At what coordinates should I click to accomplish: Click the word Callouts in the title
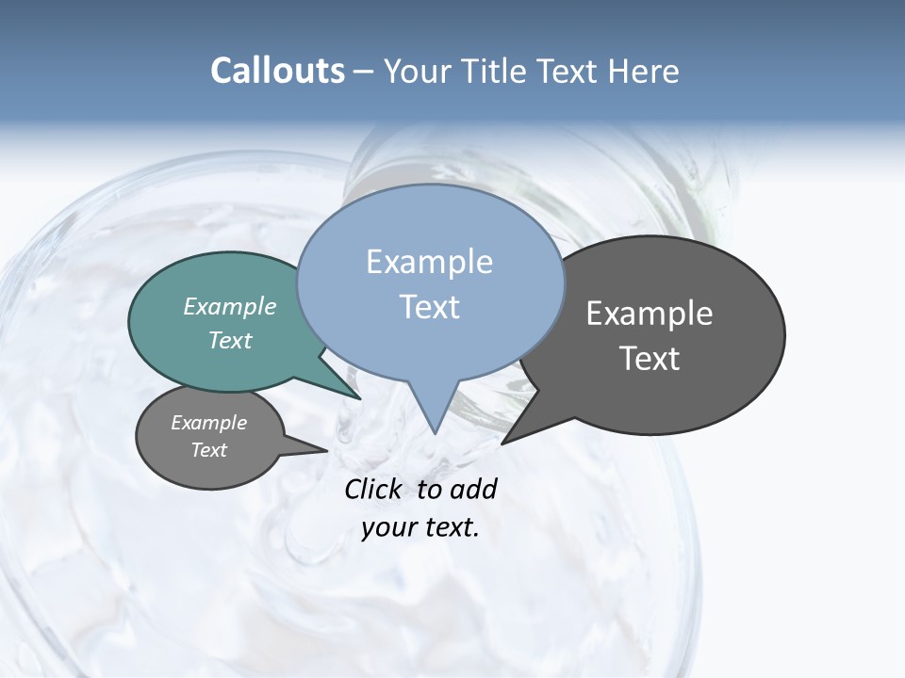click(x=277, y=71)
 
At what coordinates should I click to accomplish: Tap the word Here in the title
click(x=645, y=71)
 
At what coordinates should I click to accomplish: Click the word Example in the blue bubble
click(x=429, y=262)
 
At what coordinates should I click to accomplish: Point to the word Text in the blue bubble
click(x=429, y=307)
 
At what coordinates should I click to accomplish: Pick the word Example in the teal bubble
click(x=230, y=306)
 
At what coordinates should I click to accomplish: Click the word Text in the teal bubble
click(x=230, y=340)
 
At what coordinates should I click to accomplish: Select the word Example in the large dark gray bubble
click(x=650, y=314)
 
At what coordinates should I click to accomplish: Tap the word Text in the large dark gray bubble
click(x=650, y=359)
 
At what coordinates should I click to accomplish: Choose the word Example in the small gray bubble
click(x=209, y=423)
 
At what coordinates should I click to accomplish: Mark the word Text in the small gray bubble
click(x=209, y=450)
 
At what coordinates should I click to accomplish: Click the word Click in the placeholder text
click(x=374, y=489)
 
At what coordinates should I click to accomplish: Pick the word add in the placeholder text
click(x=473, y=489)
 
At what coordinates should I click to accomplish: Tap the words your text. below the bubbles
click(x=420, y=528)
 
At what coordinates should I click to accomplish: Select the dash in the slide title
click(x=364, y=71)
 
